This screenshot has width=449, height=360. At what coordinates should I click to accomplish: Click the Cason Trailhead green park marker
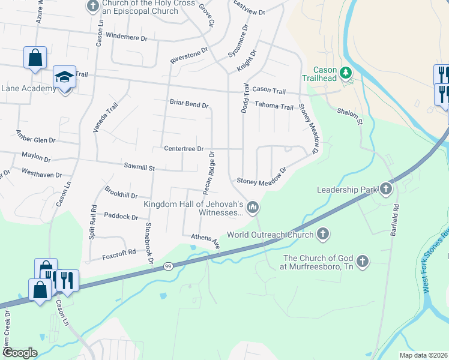point(345,73)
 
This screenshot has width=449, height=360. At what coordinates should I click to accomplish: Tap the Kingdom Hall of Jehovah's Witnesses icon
point(253,208)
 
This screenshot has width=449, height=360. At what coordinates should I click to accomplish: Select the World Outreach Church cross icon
point(323,234)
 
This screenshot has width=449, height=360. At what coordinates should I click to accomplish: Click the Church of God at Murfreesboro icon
point(362,261)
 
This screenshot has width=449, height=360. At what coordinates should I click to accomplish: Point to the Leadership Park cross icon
point(385,190)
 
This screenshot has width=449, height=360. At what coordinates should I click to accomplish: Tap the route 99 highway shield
point(168,266)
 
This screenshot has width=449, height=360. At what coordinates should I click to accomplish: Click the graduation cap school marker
point(64,77)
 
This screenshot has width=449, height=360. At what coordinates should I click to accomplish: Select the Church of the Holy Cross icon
point(92,7)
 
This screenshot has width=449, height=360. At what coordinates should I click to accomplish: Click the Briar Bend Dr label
point(188,104)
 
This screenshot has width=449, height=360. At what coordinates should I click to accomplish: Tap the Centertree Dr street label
point(184,148)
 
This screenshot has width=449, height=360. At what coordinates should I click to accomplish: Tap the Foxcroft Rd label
point(119,254)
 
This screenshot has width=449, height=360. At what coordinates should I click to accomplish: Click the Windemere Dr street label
point(126,36)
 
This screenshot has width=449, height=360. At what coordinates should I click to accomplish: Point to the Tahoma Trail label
point(274,106)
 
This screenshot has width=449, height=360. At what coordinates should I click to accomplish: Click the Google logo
point(20,352)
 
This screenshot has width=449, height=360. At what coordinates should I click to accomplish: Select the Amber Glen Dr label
point(35,139)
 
